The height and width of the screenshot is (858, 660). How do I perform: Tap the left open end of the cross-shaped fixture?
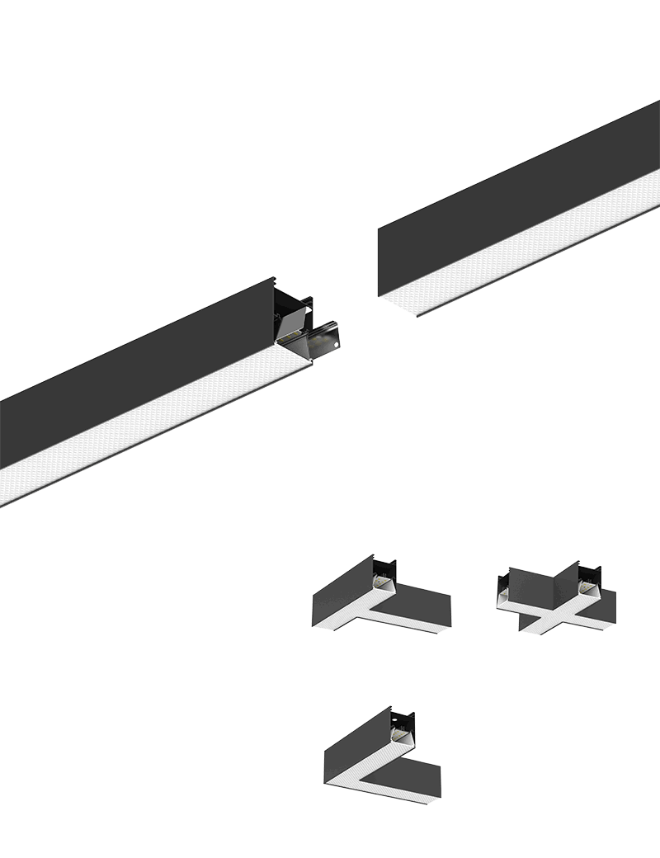click(x=503, y=592)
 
